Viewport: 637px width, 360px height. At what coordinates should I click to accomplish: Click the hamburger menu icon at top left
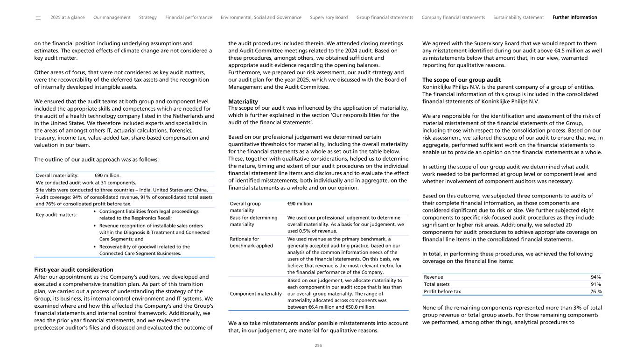point(38,18)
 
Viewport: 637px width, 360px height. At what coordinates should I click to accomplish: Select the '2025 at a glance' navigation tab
point(68,18)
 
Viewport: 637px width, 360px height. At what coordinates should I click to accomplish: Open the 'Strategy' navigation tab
point(148,18)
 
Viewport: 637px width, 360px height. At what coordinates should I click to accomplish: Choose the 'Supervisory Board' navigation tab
point(329,18)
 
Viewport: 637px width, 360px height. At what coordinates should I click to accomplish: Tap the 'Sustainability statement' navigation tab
point(518,18)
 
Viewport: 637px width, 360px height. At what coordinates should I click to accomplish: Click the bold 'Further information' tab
point(574,18)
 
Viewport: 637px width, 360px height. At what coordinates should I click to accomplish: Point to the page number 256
point(318,346)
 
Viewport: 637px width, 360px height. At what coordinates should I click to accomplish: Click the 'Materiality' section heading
point(243,101)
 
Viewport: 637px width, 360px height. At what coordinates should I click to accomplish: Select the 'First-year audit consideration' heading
point(74,269)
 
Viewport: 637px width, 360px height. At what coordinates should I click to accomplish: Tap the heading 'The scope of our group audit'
point(461,80)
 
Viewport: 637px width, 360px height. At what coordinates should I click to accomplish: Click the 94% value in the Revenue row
point(595,277)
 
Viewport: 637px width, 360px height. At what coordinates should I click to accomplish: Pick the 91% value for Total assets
point(595,284)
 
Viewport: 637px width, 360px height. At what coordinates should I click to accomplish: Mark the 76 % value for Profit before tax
point(594,292)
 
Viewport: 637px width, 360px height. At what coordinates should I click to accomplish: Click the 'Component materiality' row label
point(256,294)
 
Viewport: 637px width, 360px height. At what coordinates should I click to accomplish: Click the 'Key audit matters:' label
point(56,215)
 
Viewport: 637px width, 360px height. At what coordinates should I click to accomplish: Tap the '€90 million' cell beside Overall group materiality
point(300,204)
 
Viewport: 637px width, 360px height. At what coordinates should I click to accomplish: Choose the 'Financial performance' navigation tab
point(189,18)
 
